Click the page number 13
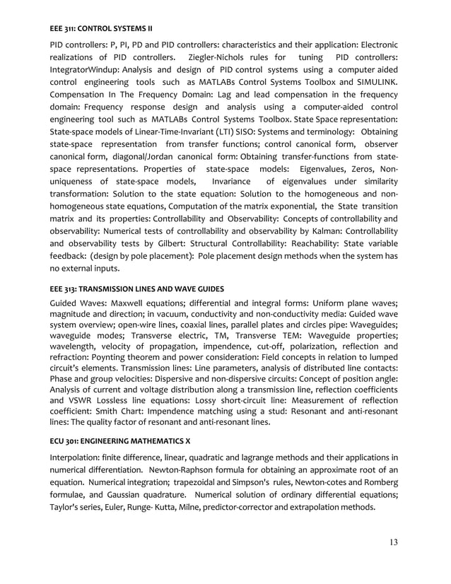click(x=393, y=542)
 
